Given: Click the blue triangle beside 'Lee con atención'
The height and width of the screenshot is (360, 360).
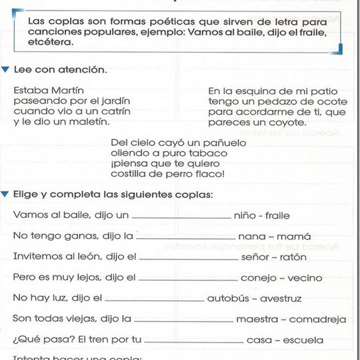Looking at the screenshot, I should [x=5, y=70].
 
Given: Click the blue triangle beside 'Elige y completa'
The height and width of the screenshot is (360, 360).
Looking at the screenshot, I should [x=5, y=194].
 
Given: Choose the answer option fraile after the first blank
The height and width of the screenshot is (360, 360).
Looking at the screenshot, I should [x=278, y=216].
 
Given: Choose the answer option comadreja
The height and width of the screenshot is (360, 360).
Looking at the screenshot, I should [x=318, y=319].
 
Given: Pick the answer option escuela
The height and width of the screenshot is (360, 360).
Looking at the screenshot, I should [x=303, y=340].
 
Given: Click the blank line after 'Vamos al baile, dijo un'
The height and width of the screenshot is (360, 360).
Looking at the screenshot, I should [x=181, y=217].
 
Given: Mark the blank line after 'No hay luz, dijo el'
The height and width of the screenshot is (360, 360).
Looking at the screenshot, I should [x=154, y=300].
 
